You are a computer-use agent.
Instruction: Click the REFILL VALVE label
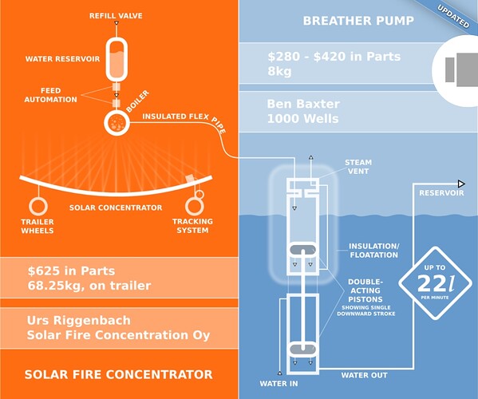pyautogui.click(x=116, y=15)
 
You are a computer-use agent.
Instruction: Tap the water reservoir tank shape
pyautogui.click(x=117, y=59)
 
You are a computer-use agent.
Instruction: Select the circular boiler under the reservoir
pyautogui.click(x=117, y=123)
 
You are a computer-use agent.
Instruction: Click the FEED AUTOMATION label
pyautogui.click(x=50, y=95)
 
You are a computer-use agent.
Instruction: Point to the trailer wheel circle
pyautogui.click(x=38, y=206)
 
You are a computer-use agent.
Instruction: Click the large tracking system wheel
pyautogui.click(x=194, y=207)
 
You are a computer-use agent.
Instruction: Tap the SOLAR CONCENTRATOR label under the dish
pyautogui.click(x=116, y=207)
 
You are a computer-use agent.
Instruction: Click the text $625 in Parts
pyautogui.click(x=71, y=271)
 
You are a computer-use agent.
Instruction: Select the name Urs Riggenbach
pyautogui.click(x=79, y=320)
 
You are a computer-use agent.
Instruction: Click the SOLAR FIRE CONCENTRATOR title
pyautogui.click(x=119, y=374)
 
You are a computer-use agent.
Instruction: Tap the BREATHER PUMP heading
pyautogui.click(x=358, y=21)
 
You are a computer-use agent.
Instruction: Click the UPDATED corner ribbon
pyautogui.click(x=453, y=17)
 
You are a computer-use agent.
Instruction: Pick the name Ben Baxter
pyautogui.click(x=303, y=104)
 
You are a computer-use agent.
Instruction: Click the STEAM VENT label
pyautogui.click(x=358, y=167)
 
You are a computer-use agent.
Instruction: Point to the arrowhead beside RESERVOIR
pyautogui.click(x=461, y=184)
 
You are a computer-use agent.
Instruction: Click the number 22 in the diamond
pyautogui.click(x=429, y=283)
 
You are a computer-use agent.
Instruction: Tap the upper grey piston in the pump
pyautogui.click(x=303, y=250)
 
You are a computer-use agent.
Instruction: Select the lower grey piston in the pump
pyautogui.click(x=302, y=349)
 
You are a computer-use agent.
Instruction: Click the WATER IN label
pyautogui.click(x=279, y=384)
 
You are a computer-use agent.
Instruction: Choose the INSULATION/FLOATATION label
pyautogui.click(x=374, y=251)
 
